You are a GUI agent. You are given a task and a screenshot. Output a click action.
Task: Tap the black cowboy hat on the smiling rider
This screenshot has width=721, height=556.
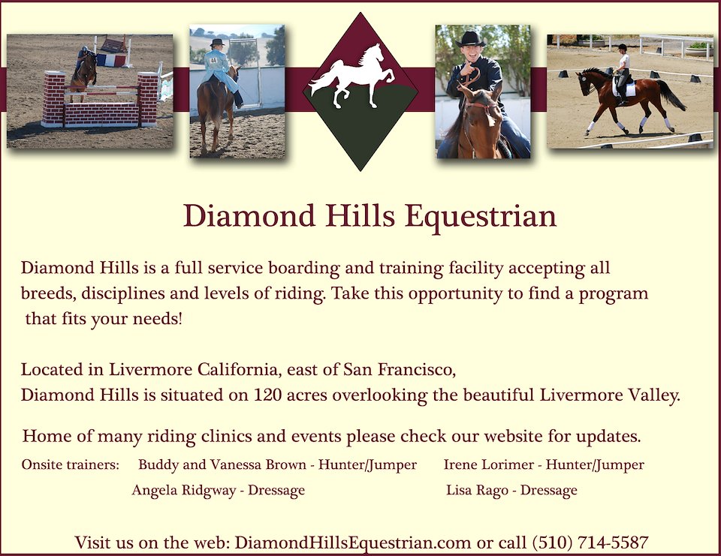point(470,38)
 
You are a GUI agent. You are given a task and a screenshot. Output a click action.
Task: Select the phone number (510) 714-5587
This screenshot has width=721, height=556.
point(590,542)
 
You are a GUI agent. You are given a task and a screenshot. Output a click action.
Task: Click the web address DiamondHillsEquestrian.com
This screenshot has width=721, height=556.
point(353,543)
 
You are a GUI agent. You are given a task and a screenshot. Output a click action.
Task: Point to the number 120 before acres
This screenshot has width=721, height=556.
point(267,395)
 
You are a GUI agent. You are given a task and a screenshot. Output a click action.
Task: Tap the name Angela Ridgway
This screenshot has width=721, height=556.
point(184,490)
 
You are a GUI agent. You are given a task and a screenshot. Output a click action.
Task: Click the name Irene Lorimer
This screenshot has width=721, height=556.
point(489,464)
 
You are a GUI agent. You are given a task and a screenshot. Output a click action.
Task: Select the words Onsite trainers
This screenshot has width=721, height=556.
point(70,464)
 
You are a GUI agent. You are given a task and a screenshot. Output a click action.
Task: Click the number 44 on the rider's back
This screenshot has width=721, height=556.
point(213,60)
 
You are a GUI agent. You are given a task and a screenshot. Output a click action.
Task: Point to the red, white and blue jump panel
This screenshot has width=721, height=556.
point(110,60)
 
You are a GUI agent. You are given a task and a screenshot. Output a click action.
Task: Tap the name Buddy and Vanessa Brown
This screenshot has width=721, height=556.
point(222,464)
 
